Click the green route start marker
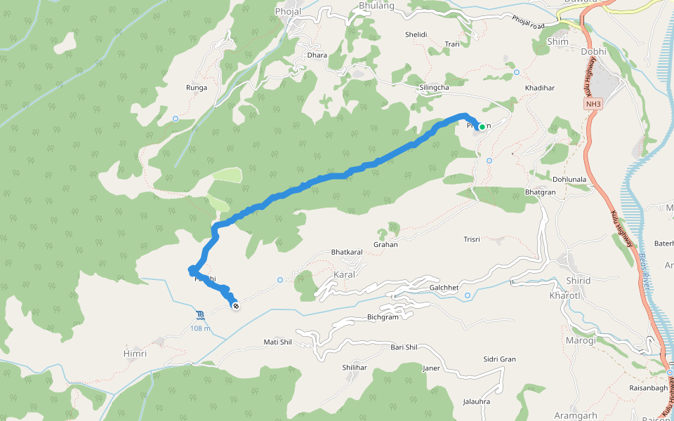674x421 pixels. point(482,127)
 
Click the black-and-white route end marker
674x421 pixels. point(236,305)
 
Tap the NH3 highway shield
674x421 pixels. point(593,105)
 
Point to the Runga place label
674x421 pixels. point(196,88)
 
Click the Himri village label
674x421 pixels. point(135,354)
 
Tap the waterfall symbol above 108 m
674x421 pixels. point(201,314)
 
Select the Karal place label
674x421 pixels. point(345,274)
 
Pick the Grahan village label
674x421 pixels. point(385,245)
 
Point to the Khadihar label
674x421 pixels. point(540,88)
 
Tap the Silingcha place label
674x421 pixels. point(433,87)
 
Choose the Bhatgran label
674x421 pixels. point(541,192)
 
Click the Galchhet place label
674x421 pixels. point(444,288)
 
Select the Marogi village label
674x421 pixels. point(581,340)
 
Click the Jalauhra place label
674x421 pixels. point(476,401)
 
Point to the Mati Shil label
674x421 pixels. point(277,342)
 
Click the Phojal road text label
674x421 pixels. point(528,22)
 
